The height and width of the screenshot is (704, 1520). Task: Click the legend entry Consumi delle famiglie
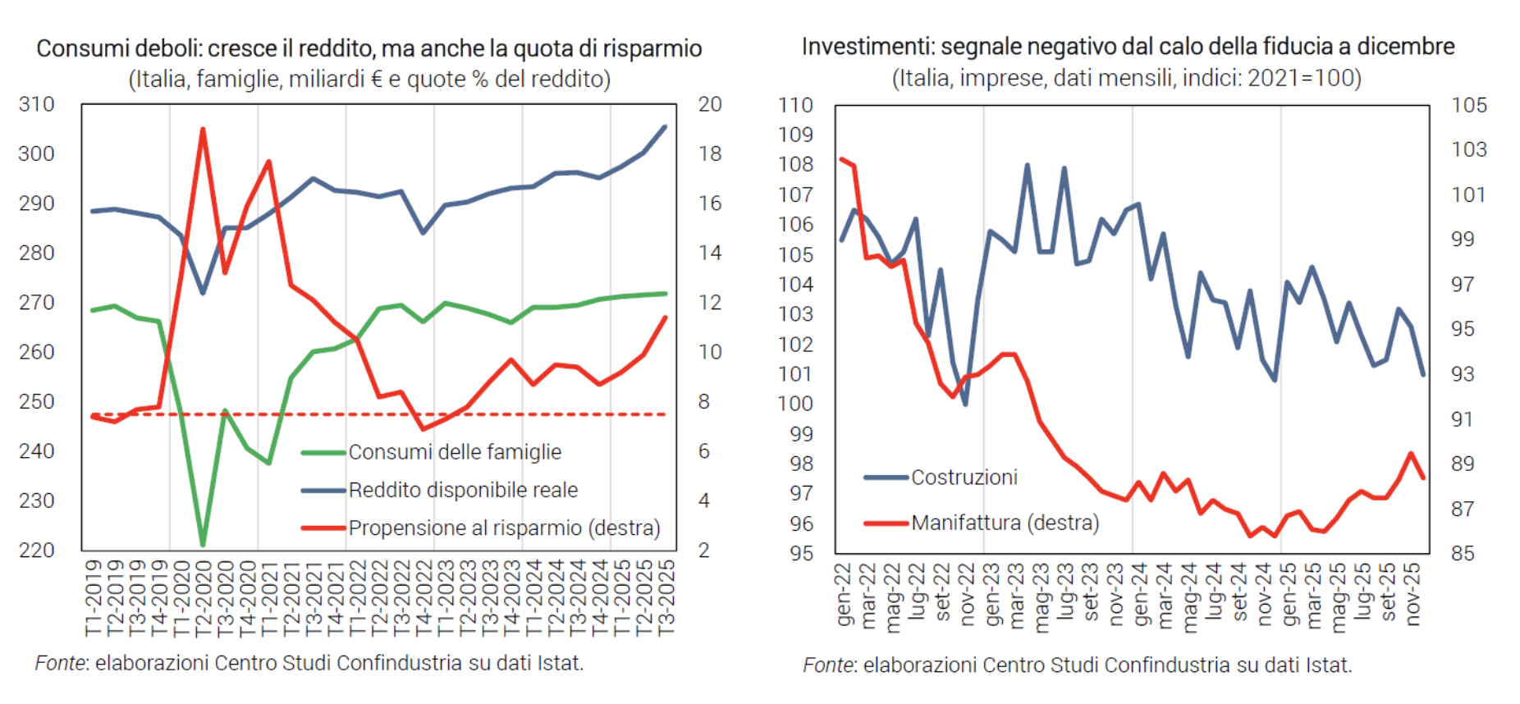[x=455, y=452]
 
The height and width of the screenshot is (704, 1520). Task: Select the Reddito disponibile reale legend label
[x=463, y=490]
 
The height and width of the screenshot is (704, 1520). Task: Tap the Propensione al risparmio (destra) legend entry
[x=504, y=528]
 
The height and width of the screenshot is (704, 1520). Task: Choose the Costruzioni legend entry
[x=964, y=478]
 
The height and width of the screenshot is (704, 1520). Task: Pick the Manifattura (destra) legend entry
[x=1005, y=523]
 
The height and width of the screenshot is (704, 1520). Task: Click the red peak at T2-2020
[x=202, y=129]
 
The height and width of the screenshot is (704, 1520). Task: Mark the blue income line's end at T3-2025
[x=665, y=126]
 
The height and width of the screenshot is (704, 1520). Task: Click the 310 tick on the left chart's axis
[x=37, y=104]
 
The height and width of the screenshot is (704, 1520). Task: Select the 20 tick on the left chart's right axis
[x=710, y=104]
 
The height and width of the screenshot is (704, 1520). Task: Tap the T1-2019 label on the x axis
[x=93, y=597]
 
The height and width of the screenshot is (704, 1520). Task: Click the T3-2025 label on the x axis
[x=666, y=597]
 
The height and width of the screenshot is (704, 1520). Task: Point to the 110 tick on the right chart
[x=795, y=105]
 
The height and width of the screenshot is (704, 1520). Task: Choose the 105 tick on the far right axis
[x=1469, y=105]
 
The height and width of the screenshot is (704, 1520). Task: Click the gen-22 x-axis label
[x=844, y=594]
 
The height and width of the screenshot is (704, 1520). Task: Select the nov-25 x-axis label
[x=1413, y=594]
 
